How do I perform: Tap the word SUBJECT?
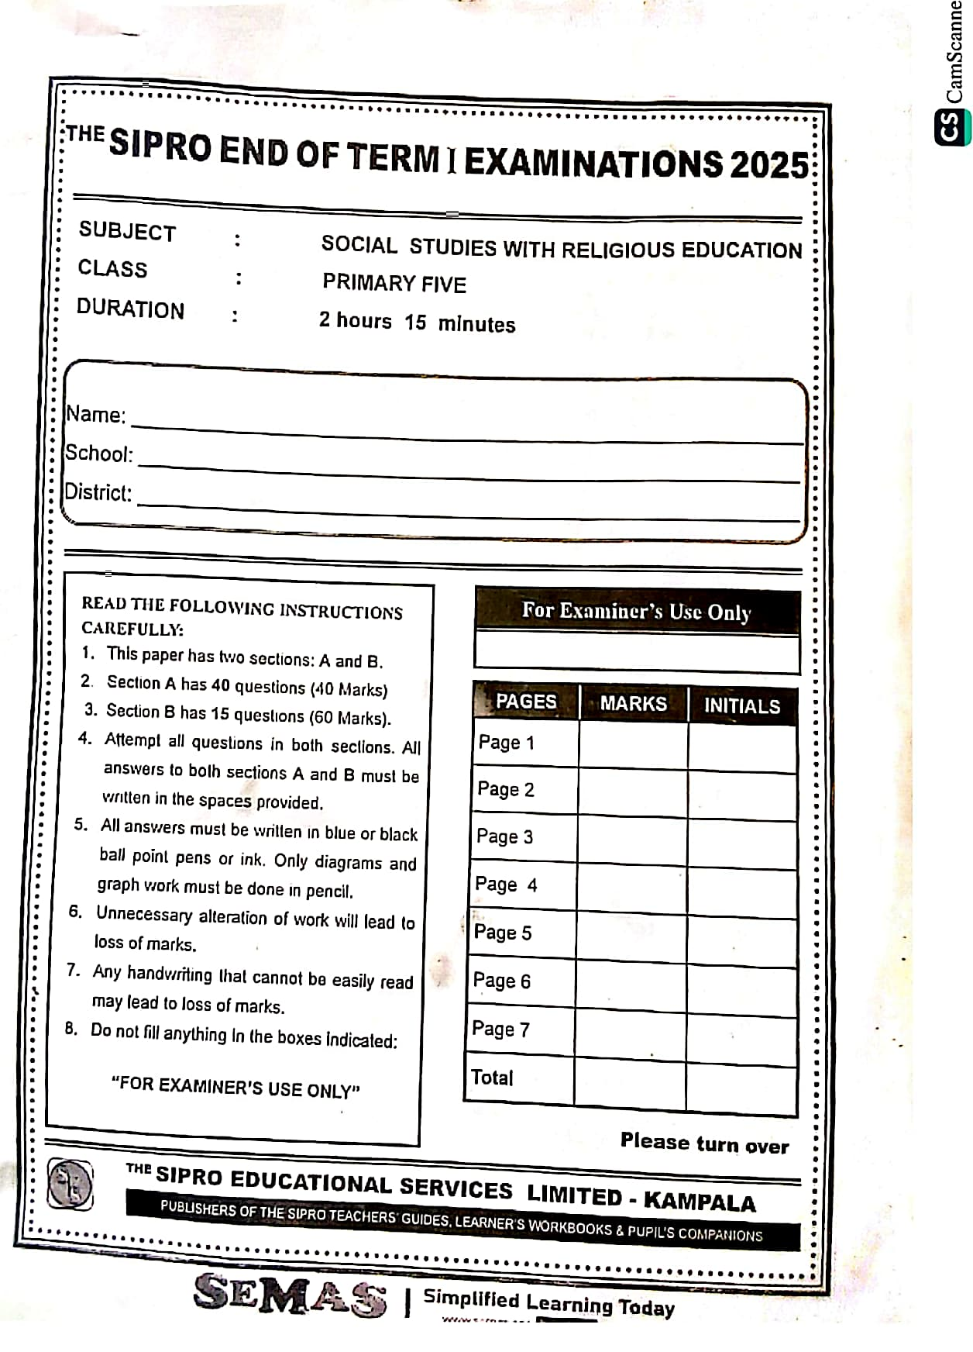[x=127, y=231]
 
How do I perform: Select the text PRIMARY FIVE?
[x=394, y=283]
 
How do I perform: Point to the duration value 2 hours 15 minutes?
[x=417, y=322]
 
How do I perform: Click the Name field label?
[x=95, y=415]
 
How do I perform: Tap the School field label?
[x=98, y=454]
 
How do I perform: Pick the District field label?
[x=98, y=492]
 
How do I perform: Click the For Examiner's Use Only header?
[x=636, y=612]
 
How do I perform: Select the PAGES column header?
[x=526, y=702]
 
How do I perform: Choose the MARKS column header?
[x=633, y=704]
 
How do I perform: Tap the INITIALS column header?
[x=741, y=706]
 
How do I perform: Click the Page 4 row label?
[x=506, y=885]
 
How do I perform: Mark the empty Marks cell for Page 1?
[x=633, y=745]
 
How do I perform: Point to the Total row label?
[x=493, y=1078]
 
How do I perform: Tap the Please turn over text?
[x=704, y=1144]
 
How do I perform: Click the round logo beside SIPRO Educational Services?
[x=70, y=1185]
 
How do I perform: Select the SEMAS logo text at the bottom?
[x=290, y=1294]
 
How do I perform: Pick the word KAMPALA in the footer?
[x=700, y=1202]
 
